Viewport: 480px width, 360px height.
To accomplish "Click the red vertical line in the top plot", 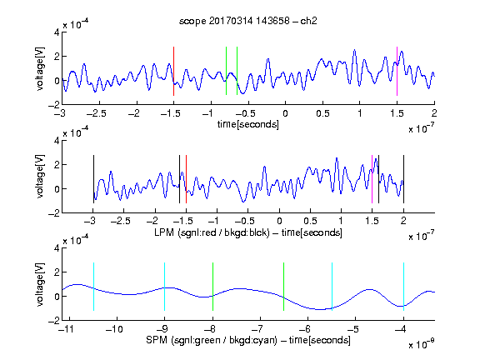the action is (x=173, y=72).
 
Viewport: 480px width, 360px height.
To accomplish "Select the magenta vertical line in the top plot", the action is (x=397, y=72).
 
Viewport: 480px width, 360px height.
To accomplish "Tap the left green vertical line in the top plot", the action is (x=226, y=71).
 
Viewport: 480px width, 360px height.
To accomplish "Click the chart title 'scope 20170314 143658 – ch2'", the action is (x=248, y=21).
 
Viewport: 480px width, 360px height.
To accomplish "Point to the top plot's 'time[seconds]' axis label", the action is (x=248, y=124).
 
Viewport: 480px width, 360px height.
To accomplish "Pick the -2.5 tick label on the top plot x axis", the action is (x=97, y=113).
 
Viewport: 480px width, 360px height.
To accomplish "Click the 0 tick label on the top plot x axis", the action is (x=285, y=113).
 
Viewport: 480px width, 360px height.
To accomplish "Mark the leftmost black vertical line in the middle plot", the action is (x=93, y=179).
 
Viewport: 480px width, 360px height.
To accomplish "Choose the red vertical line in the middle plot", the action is (x=186, y=179).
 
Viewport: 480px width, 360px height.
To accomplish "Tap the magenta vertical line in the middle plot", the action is (x=372, y=179).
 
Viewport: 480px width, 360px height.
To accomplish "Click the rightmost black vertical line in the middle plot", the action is (x=403, y=179).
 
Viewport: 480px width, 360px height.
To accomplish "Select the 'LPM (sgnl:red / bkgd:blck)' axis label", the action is (x=212, y=232).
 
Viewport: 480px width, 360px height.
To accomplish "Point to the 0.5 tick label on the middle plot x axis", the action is (x=310, y=221).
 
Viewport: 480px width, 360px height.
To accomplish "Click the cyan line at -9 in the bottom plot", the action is (x=165, y=287).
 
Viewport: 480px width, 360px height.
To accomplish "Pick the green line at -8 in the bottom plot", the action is (x=212, y=287).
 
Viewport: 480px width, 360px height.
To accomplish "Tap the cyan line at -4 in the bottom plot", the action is (x=403, y=287).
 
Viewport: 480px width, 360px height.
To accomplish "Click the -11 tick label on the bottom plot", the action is (x=67, y=329).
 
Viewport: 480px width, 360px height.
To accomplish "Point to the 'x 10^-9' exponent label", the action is (x=421, y=343).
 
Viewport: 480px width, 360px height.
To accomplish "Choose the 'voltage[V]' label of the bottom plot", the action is (x=40, y=284).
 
